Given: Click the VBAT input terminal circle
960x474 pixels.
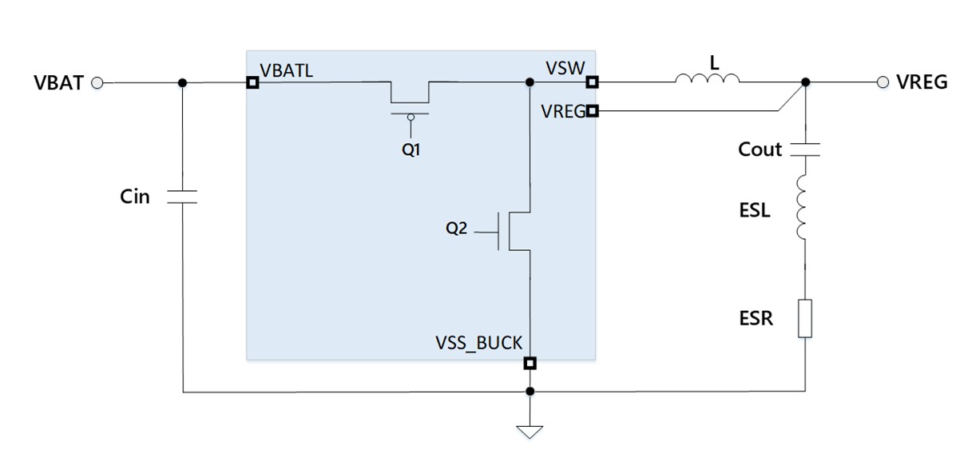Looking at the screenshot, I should coord(97,82).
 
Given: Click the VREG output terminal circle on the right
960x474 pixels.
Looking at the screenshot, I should coord(883,82).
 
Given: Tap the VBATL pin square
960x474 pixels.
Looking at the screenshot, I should coord(252,82).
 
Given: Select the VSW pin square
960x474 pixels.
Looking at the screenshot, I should coord(592,82).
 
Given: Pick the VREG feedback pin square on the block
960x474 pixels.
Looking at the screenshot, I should coord(592,111).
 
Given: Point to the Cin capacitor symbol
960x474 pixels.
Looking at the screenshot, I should coord(182,197).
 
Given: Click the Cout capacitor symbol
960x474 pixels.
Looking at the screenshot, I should coord(805,149).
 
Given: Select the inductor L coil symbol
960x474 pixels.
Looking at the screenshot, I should coord(707,78).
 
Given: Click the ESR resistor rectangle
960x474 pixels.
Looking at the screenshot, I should coord(805,319).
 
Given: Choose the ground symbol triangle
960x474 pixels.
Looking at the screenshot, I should coord(530,432).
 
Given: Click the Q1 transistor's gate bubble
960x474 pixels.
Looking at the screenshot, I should coord(411,118).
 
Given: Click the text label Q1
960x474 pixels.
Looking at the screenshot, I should coord(411,149).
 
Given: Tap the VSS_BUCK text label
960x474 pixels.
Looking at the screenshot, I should coord(478,343).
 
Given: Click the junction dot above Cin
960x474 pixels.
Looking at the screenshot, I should coord(182,82).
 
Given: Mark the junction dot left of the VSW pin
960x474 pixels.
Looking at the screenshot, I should coord(530,82).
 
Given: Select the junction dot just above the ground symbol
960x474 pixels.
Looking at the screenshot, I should coord(530,392).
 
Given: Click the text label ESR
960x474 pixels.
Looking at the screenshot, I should coord(755,319).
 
